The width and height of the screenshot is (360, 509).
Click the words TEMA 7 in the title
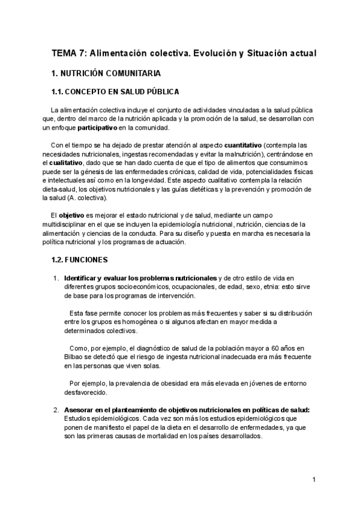pos(68,53)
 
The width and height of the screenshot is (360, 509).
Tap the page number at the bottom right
pos(314,480)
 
